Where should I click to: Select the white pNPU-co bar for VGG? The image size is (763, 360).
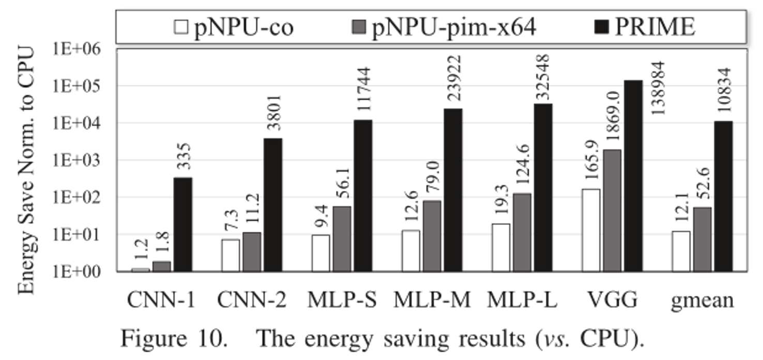click(590, 230)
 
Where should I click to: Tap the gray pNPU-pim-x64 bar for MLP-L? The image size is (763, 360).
click(522, 232)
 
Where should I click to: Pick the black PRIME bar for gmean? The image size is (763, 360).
click(724, 196)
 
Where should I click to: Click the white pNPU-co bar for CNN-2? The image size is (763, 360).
click(231, 255)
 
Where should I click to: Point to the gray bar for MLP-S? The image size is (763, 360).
click(342, 238)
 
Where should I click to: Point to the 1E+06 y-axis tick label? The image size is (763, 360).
click(76, 49)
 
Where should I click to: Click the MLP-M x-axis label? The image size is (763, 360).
click(432, 300)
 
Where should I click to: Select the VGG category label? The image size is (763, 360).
click(612, 300)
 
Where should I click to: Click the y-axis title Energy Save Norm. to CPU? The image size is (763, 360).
click(27, 171)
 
